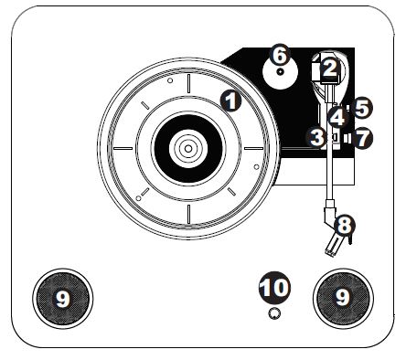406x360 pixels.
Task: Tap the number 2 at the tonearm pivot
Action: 330,67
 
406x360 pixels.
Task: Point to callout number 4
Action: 337,117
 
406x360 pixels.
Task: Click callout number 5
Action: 362,108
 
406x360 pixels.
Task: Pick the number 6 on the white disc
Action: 281,55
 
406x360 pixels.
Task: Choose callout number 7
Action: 363,140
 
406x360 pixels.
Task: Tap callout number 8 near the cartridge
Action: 344,222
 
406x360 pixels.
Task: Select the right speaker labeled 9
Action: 342,298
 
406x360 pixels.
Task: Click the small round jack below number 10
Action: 273,313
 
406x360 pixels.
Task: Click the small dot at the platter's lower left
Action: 137,196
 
